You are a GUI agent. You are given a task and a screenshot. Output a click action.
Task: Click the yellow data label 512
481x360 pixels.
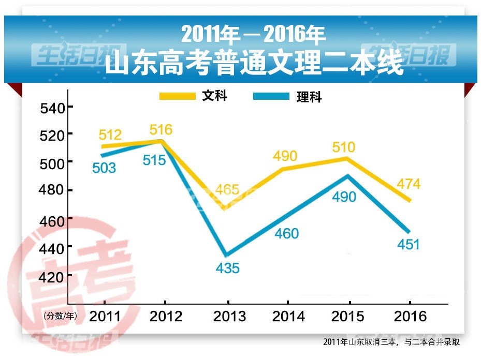(110, 136)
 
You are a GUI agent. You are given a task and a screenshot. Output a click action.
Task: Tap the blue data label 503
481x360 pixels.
(104, 168)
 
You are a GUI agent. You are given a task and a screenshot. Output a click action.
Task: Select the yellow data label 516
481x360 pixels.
(161, 129)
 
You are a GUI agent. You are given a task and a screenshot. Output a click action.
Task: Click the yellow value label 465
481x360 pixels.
(228, 189)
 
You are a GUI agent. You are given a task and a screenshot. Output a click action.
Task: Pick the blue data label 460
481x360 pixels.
(287, 234)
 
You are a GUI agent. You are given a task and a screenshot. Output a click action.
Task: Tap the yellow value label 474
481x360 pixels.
(409, 184)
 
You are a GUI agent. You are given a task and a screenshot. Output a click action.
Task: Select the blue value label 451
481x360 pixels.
(409, 244)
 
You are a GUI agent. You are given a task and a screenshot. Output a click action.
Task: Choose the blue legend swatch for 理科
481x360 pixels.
(271, 97)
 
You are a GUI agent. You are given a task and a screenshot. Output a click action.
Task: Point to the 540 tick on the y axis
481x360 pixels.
(53, 108)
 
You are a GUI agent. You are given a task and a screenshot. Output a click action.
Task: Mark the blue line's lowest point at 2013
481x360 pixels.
(226, 254)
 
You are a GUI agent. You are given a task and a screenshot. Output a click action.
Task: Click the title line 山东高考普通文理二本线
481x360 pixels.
(254, 64)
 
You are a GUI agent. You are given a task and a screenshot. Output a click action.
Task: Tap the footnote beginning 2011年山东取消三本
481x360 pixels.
(391, 342)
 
